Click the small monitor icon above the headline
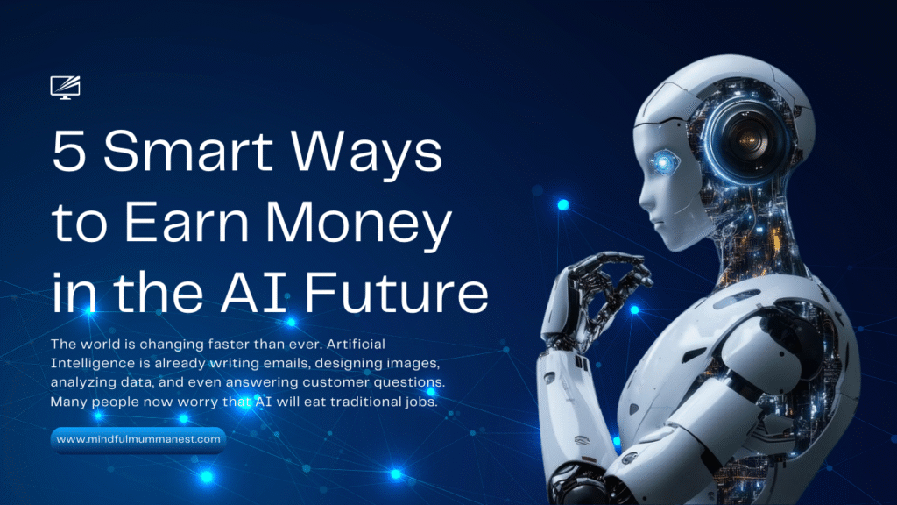pyautogui.click(x=66, y=87)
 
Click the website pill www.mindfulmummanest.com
pyautogui.click(x=138, y=438)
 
